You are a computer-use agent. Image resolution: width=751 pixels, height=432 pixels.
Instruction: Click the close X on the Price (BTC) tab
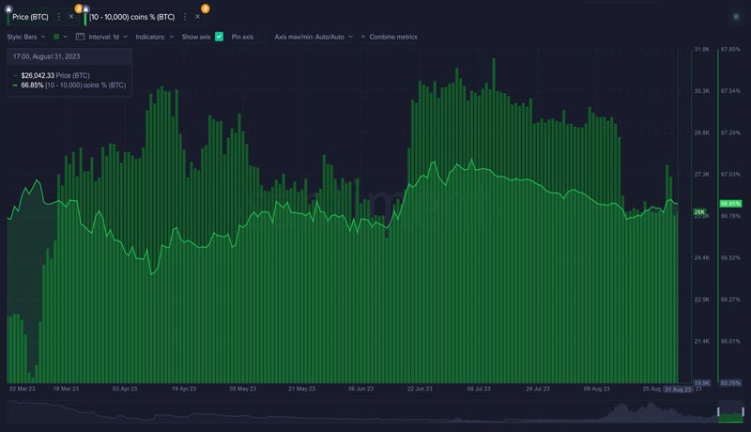pyautogui.click(x=71, y=17)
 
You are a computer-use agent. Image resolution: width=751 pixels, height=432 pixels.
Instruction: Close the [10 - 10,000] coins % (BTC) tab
pyautogui.click(x=197, y=17)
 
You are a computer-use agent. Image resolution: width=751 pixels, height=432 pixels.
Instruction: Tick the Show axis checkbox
pyautogui.click(x=219, y=37)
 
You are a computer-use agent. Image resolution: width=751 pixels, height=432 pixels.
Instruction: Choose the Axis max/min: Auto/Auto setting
pyautogui.click(x=314, y=37)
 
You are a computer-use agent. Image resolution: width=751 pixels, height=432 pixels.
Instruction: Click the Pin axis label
pyautogui.click(x=242, y=37)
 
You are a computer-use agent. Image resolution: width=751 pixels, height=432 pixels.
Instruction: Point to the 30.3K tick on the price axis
pyautogui.click(x=701, y=91)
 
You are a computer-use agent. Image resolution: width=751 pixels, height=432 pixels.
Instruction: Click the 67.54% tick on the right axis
pyautogui.click(x=731, y=91)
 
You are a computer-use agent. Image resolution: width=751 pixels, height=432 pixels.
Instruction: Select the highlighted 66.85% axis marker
pyautogui.click(x=730, y=204)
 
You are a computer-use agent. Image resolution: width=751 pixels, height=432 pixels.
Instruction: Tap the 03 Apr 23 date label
pyautogui.click(x=125, y=388)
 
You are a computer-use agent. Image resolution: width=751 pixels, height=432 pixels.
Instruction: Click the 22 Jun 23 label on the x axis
pyautogui.click(x=420, y=388)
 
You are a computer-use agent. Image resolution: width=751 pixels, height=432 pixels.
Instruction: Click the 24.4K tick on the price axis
pyautogui.click(x=701, y=257)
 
